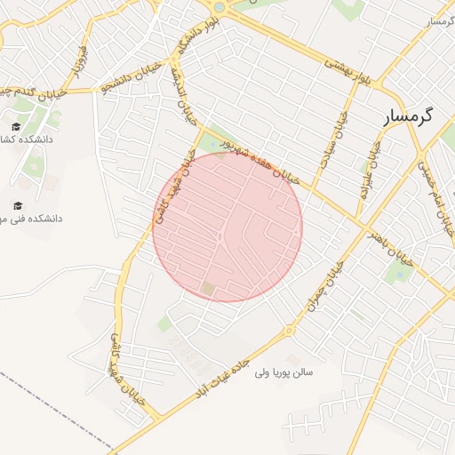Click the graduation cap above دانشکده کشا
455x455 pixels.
[x=17, y=126]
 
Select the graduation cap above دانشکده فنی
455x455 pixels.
[x=17, y=206]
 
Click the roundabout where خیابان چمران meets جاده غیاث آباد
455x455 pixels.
[x=289, y=331]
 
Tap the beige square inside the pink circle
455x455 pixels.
[x=208, y=289]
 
